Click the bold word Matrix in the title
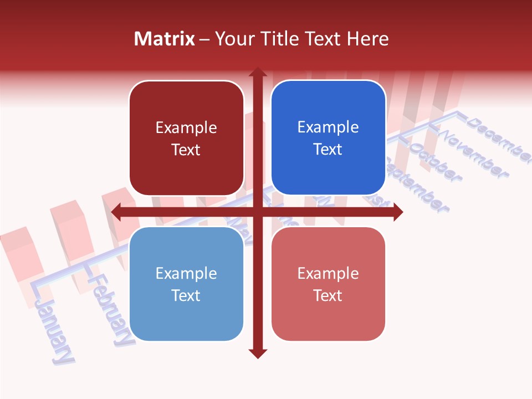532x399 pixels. click(x=165, y=39)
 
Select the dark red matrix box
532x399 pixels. click(x=186, y=138)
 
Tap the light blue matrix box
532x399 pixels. click(x=186, y=284)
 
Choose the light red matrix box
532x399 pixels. click(x=328, y=284)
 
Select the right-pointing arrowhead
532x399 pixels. click(x=398, y=212)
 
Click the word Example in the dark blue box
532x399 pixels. click(x=328, y=127)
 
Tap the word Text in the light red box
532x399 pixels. click(x=328, y=295)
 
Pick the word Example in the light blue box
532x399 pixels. click(x=186, y=273)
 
